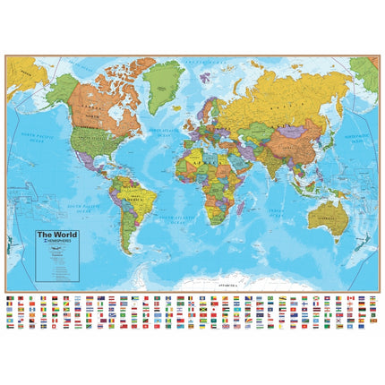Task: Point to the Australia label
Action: tap(332, 214)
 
